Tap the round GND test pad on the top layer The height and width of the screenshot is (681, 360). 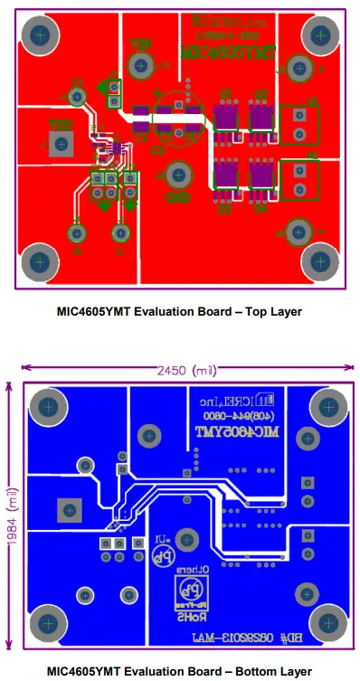(x=177, y=172)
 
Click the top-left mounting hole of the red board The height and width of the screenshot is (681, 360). (x=40, y=36)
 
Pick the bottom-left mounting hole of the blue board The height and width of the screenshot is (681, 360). (x=45, y=624)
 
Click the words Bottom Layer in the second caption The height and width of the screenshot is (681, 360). (x=268, y=672)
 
